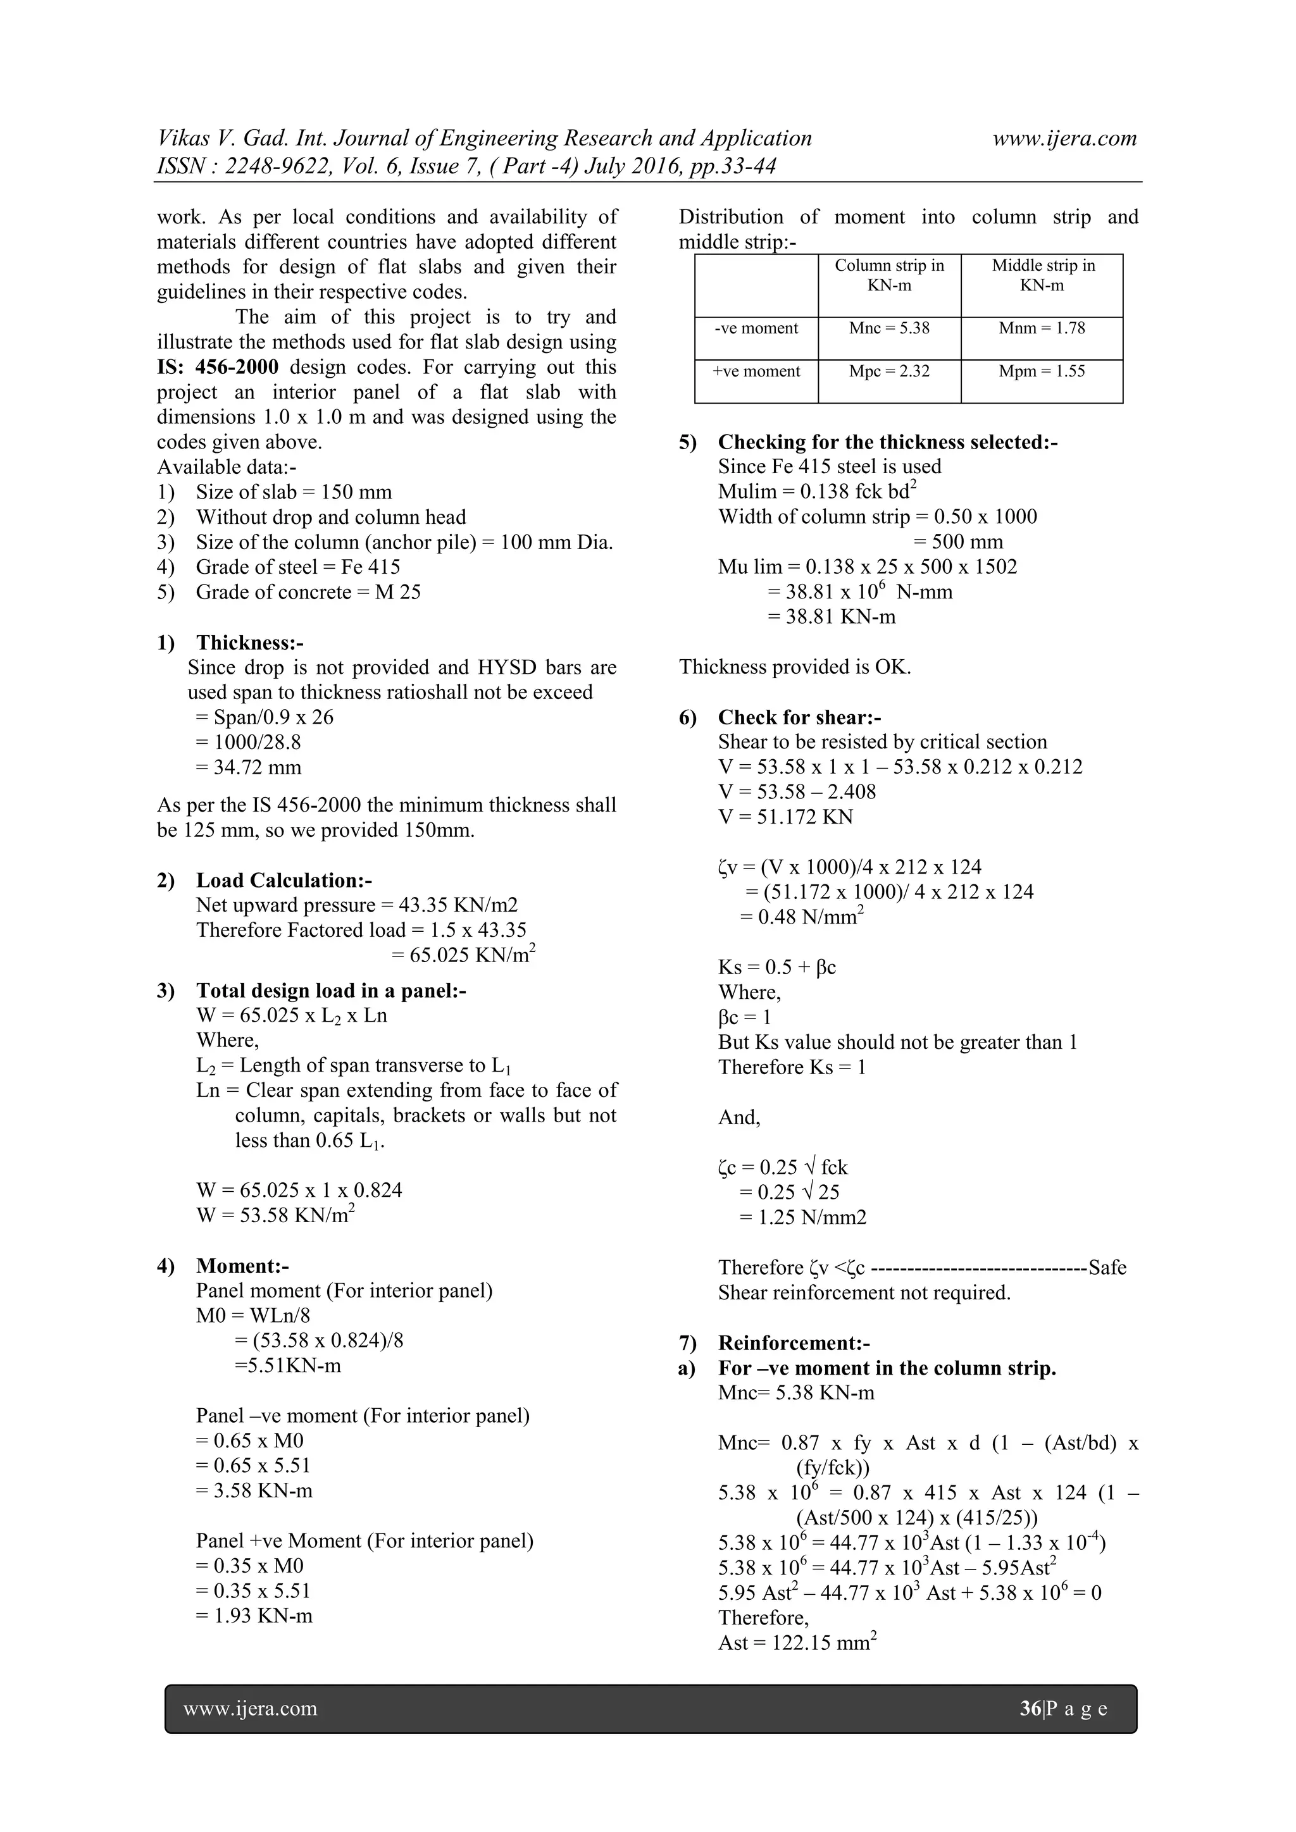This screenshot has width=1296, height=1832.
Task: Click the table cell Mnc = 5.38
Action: click(x=889, y=328)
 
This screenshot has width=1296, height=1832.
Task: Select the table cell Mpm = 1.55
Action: click(x=1042, y=371)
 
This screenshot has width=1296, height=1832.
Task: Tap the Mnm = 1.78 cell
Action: click(x=1042, y=328)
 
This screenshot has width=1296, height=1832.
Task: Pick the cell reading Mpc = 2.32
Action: click(x=889, y=371)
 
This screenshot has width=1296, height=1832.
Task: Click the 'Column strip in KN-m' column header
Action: click(x=889, y=275)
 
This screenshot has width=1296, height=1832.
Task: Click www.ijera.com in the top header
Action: click(x=1064, y=138)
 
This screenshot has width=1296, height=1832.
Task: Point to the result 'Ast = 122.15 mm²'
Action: click(x=797, y=1643)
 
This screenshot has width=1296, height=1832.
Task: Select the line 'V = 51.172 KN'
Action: click(x=785, y=817)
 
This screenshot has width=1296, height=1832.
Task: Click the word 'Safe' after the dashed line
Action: click(x=1107, y=1267)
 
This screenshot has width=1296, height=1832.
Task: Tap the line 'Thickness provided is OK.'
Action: click(x=795, y=667)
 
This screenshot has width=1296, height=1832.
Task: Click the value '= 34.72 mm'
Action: click(x=248, y=767)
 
